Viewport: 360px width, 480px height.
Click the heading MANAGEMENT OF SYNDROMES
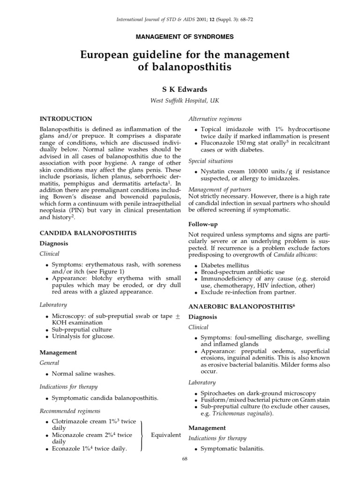click(x=180, y=36)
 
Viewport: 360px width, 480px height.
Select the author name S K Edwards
click(x=180, y=89)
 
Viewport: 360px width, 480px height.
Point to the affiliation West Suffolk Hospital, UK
click(x=180, y=100)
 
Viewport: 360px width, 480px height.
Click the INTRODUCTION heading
click(x=65, y=119)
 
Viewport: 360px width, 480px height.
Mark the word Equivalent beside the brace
click(x=165, y=435)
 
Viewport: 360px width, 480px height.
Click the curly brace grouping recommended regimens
click(x=142, y=435)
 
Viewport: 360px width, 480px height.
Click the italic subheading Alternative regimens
click(x=215, y=119)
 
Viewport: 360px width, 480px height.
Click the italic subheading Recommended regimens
click(x=70, y=411)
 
